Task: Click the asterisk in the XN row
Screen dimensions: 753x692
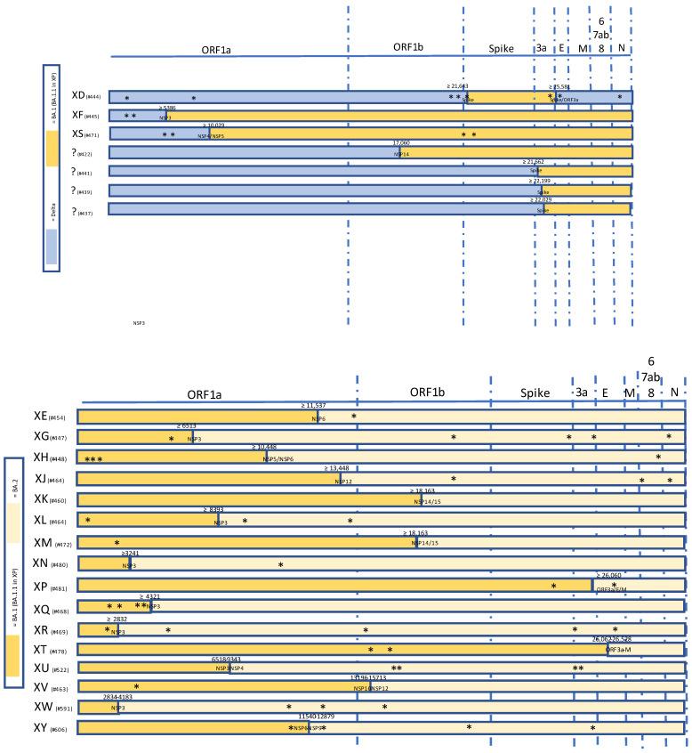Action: (280, 564)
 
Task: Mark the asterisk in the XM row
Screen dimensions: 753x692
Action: (117, 543)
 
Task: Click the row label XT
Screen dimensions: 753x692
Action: (40, 652)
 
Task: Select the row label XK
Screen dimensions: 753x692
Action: (40, 500)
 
